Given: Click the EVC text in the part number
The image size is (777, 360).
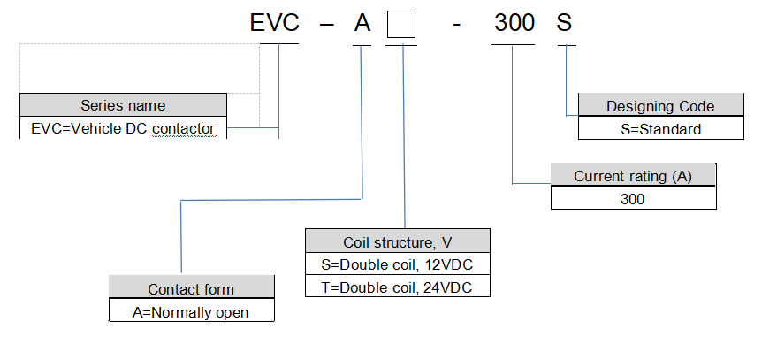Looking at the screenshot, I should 275,23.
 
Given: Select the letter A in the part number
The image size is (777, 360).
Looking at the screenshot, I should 362,23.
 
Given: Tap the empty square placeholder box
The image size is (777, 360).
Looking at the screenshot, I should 402,24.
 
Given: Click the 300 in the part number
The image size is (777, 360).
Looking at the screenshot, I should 514,23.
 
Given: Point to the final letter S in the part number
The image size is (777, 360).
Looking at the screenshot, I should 565,23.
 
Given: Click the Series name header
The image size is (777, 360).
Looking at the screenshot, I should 123,106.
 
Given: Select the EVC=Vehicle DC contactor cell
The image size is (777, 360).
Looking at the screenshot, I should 123,128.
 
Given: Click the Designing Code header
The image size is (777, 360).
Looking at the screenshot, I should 660,106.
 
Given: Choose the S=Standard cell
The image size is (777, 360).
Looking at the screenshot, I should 660,129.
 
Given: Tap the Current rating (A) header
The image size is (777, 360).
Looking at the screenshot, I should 633,176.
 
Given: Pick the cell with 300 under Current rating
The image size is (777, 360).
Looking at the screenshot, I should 633,199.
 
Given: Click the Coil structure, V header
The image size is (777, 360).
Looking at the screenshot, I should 397,241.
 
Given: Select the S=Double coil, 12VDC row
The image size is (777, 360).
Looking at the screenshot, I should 397,264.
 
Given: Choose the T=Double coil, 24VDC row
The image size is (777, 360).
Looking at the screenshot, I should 397,287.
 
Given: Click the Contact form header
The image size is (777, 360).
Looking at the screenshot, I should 191,289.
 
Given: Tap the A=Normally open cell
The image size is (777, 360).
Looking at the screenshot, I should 191,312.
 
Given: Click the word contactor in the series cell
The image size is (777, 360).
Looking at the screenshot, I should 183,129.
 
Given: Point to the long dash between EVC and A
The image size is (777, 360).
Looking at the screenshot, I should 326,25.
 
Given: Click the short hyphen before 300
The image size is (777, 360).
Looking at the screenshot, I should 455,25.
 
